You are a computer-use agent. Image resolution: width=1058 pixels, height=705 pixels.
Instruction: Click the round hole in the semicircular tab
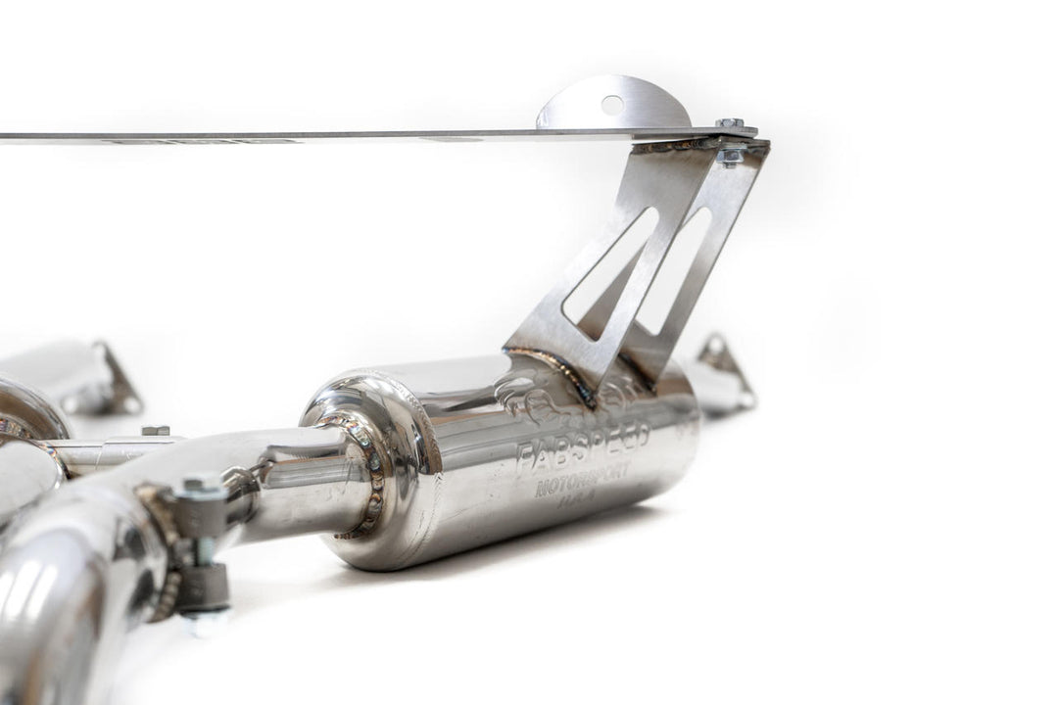(x=611, y=104)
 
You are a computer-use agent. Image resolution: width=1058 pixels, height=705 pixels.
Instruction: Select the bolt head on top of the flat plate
(x=729, y=124)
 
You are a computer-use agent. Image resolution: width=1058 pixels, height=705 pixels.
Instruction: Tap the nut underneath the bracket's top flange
(x=730, y=154)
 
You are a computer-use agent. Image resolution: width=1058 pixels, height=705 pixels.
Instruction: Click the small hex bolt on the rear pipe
(x=155, y=432)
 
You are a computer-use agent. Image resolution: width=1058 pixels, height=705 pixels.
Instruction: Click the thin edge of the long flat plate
(x=294, y=136)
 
